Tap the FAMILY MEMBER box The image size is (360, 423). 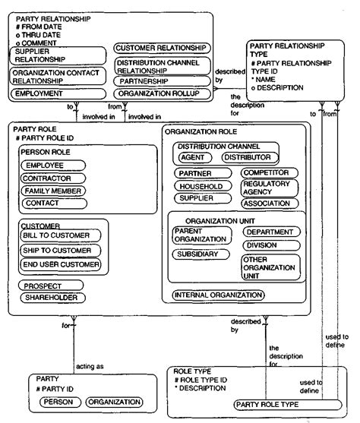[x=52, y=191]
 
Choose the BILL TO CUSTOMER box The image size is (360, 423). [x=60, y=235]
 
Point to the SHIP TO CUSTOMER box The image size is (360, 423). [x=60, y=250]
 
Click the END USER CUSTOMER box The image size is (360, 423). [x=60, y=264]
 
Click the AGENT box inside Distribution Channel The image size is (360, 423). [x=196, y=157]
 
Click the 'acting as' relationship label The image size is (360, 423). [x=90, y=367]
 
